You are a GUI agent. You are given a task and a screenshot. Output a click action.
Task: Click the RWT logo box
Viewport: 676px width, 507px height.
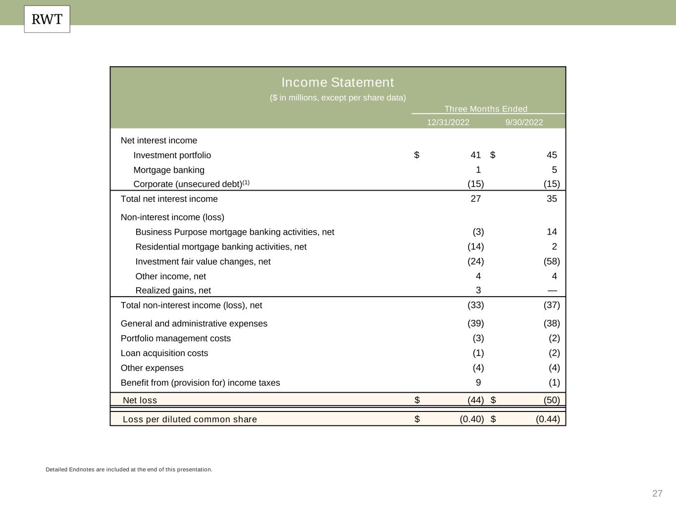[47, 19]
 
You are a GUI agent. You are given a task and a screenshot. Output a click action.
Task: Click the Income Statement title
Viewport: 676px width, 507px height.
[338, 82]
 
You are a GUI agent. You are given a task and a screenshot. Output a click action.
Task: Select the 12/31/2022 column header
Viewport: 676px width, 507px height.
[448, 122]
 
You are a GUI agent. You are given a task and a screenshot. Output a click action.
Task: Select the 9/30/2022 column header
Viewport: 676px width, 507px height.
[524, 122]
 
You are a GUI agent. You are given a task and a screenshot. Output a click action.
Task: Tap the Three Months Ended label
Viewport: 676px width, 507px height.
[486, 109]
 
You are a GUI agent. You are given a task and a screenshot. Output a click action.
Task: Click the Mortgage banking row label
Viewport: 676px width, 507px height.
[169, 170]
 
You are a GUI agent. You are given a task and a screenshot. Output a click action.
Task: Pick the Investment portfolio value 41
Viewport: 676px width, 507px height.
[475, 155]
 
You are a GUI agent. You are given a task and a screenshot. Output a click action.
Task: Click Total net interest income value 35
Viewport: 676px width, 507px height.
[552, 199]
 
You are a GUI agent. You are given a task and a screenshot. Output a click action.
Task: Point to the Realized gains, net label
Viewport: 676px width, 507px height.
[173, 291]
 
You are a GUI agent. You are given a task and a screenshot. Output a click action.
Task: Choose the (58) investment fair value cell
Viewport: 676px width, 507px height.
[552, 261]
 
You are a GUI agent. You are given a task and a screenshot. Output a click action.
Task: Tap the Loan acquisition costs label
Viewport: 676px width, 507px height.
[164, 353]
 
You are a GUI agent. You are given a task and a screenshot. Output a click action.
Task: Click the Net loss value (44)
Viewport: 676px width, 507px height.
[475, 400]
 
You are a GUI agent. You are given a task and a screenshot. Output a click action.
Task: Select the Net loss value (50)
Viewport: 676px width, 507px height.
[552, 400]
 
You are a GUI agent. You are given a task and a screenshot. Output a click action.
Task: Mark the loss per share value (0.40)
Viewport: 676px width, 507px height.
[471, 419]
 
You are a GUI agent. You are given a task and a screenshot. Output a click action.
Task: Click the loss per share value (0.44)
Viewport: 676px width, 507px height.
[548, 419]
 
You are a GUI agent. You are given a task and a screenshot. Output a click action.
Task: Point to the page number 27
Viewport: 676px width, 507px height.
[657, 493]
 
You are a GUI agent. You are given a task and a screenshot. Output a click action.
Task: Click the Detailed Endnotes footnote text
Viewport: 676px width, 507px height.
[129, 469]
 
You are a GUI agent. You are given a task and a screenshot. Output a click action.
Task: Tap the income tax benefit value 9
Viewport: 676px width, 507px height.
[478, 383]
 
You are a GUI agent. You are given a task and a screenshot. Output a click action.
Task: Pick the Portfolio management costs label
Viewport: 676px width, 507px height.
[176, 338]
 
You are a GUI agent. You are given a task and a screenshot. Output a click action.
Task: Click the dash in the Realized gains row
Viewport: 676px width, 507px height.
[552, 291]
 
